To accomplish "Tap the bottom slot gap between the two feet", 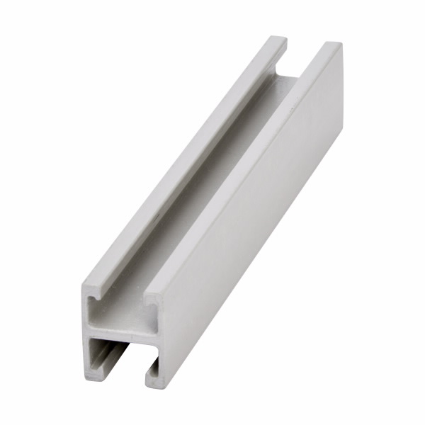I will pos(120,372).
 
